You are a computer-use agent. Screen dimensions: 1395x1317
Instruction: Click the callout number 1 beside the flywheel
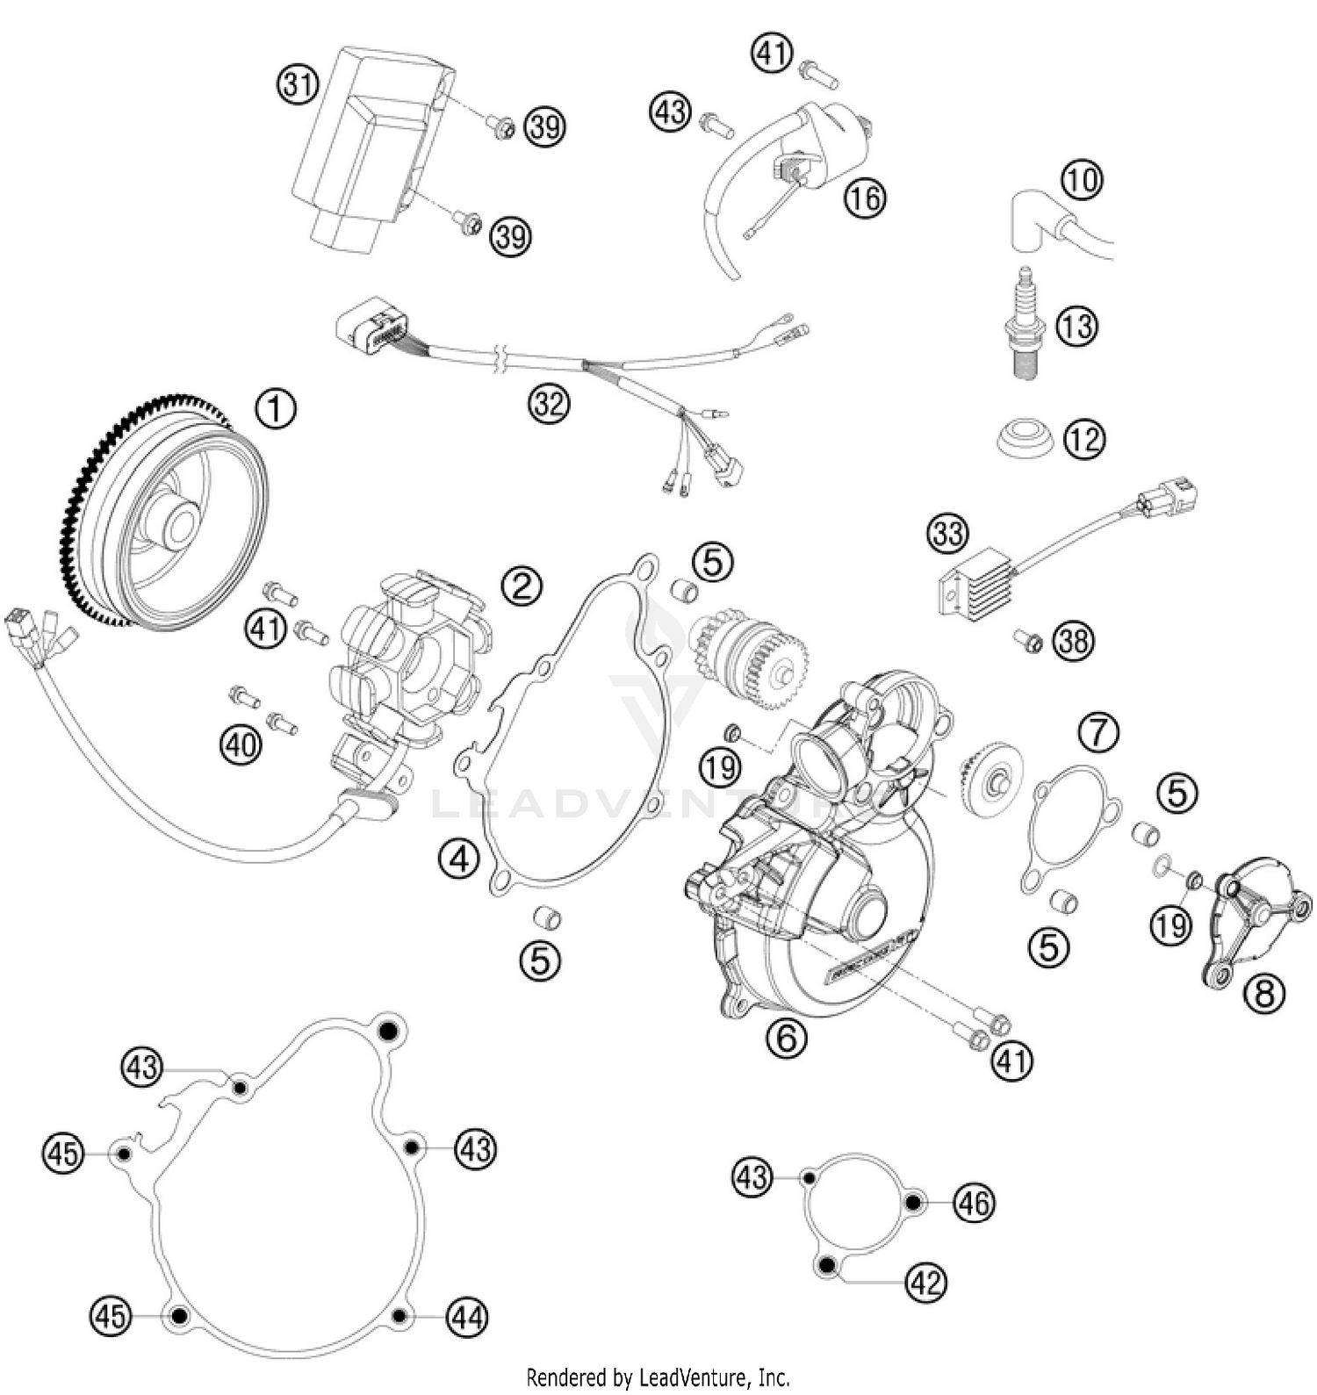pyautogui.click(x=276, y=410)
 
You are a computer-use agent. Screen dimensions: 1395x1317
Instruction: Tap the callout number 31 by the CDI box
pyautogui.click(x=298, y=85)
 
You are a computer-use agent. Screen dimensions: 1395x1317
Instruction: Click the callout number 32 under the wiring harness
pyautogui.click(x=549, y=405)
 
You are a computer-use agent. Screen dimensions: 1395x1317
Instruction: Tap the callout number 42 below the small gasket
pyautogui.click(x=926, y=1284)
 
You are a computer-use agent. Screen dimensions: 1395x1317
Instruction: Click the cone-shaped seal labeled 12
pyautogui.click(x=1026, y=438)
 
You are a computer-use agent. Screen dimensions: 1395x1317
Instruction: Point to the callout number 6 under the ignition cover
pyautogui.click(x=786, y=1039)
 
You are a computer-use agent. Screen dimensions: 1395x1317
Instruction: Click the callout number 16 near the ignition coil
pyautogui.click(x=865, y=198)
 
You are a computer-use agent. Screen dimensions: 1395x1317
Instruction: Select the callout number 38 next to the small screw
pyautogui.click(x=1074, y=641)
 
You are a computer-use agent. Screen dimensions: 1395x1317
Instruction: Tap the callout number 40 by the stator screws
pyautogui.click(x=241, y=745)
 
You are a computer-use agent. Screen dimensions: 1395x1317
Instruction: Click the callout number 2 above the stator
pyautogui.click(x=522, y=585)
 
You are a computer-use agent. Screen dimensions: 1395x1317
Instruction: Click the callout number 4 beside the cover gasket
pyautogui.click(x=459, y=859)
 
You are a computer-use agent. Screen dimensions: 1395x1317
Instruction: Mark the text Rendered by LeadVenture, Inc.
pyautogui.click(x=658, y=1377)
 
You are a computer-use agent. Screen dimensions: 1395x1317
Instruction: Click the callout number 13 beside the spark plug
pyautogui.click(x=1076, y=327)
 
